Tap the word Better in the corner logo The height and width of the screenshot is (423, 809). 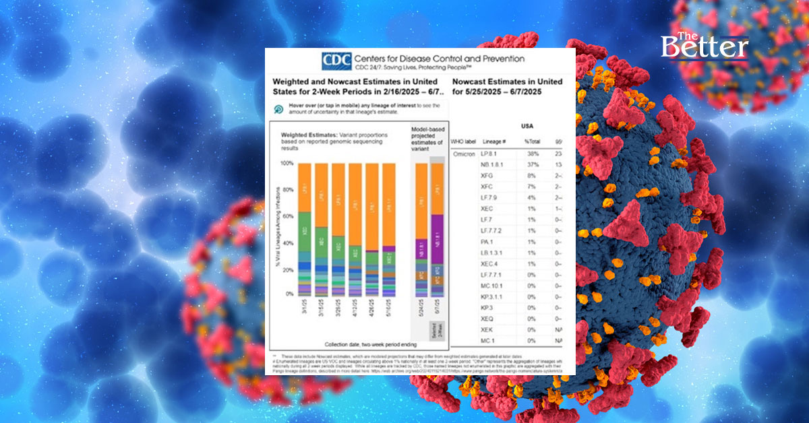coord(705,48)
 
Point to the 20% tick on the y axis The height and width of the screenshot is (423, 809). coord(288,269)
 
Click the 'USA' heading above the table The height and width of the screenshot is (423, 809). coord(528,125)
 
